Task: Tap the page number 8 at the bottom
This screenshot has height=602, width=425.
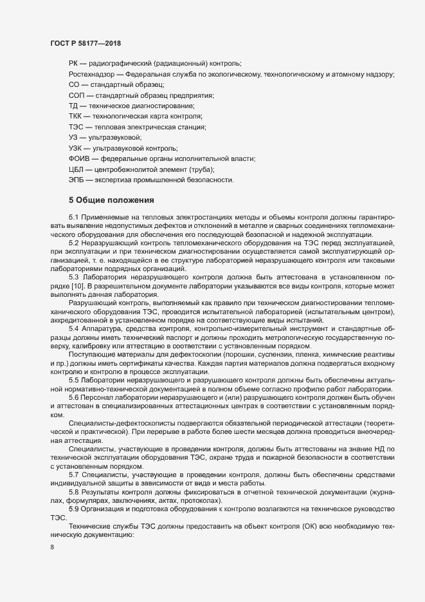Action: click(x=52, y=549)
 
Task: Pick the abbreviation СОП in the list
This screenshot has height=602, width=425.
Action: click(x=76, y=95)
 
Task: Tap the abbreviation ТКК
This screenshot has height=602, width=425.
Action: click(x=76, y=117)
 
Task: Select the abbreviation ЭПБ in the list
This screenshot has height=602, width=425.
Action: click(x=76, y=180)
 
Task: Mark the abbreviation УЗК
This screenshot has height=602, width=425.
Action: click(x=75, y=148)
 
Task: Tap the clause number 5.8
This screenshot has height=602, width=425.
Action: click(x=73, y=492)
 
